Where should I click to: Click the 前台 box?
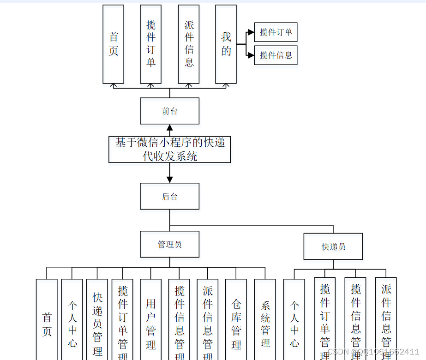[169, 111]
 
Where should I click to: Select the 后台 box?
[169, 196]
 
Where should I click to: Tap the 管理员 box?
[169, 244]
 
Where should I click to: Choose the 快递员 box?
[333, 246]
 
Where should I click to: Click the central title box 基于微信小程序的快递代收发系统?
[169, 150]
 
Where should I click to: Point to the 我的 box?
[226, 44]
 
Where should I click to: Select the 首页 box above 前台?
[113, 44]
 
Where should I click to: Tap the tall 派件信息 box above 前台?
[188, 44]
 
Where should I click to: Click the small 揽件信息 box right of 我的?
[276, 55]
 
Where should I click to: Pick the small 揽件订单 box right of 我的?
[276, 32]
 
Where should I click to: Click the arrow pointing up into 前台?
[169, 129]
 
